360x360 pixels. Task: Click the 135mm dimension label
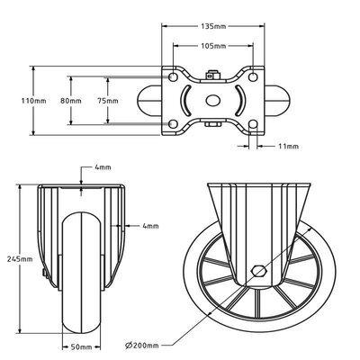coord(213,27)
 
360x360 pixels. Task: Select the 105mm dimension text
coord(213,45)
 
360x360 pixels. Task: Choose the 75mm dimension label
coord(106,101)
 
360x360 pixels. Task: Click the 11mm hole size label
coord(287,146)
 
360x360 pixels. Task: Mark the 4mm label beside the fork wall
coord(149,225)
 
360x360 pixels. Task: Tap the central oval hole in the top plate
coord(213,102)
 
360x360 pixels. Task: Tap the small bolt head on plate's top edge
coord(213,76)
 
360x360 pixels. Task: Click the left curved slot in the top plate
coord(187,101)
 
